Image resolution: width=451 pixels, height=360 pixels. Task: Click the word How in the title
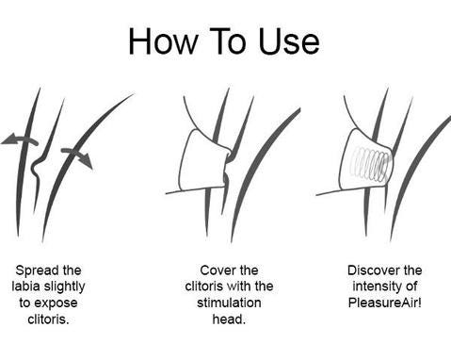pos(163,41)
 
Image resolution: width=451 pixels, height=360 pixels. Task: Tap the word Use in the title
pos(289,41)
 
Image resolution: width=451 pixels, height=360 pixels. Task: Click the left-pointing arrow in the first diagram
pos(20,139)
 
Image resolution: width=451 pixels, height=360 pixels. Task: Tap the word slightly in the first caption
pos(64,287)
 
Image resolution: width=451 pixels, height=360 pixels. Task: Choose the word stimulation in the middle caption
pos(229,303)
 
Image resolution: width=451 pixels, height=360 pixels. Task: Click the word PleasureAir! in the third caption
pos(385,303)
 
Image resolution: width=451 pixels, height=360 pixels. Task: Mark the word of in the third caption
pos(411,286)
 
